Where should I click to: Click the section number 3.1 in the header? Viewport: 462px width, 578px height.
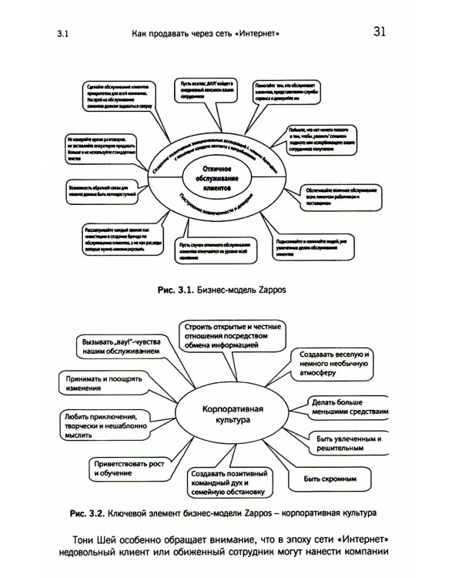63,35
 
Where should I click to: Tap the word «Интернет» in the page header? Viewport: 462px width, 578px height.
256,34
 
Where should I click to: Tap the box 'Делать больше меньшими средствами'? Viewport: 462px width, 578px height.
346,408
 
